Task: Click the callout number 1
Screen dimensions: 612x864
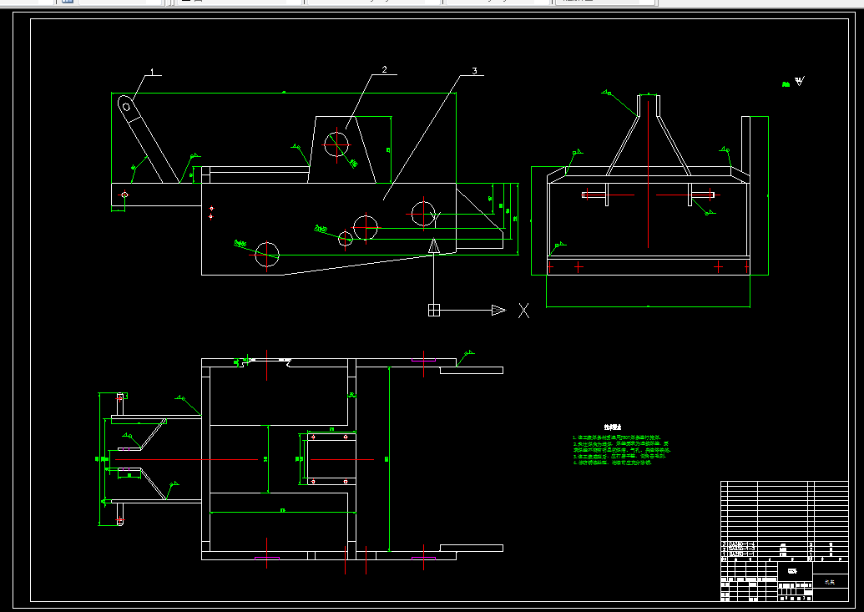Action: click(153, 71)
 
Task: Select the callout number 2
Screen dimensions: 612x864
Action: click(384, 70)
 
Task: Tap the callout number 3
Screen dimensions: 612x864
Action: click(474, 72)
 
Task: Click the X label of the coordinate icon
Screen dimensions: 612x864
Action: click(524, 311)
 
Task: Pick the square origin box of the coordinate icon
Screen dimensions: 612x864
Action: click(433, 311)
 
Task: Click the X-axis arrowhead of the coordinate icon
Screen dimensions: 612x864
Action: click(498, 311)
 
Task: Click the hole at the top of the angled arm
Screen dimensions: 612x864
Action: click(124, 106)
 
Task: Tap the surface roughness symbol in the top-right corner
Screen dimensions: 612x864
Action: click(800, 82)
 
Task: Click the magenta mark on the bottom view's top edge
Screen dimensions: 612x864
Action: click(423, 361)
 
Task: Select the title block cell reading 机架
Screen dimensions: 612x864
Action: click(829, 582)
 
